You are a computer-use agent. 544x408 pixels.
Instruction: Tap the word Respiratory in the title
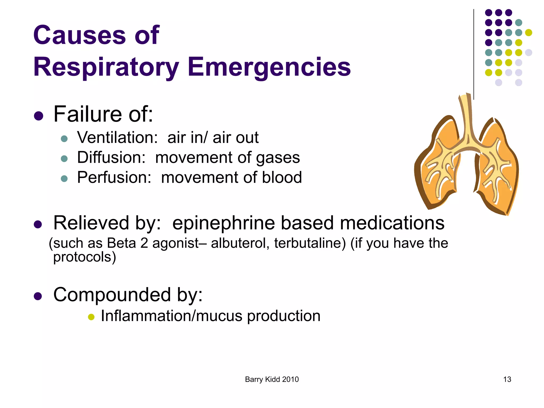point(106,67)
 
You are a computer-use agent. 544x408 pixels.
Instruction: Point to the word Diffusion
point(111,158)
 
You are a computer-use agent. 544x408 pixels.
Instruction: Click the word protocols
point(84,257)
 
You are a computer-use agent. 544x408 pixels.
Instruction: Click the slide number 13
point(507,379)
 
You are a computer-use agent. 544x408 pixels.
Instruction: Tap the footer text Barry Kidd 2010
point(272,379)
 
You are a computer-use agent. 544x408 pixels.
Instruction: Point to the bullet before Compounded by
point(38,296)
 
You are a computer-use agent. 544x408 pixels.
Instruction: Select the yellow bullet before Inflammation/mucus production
point(91,317)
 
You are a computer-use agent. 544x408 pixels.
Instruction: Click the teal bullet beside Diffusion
point(64,159)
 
